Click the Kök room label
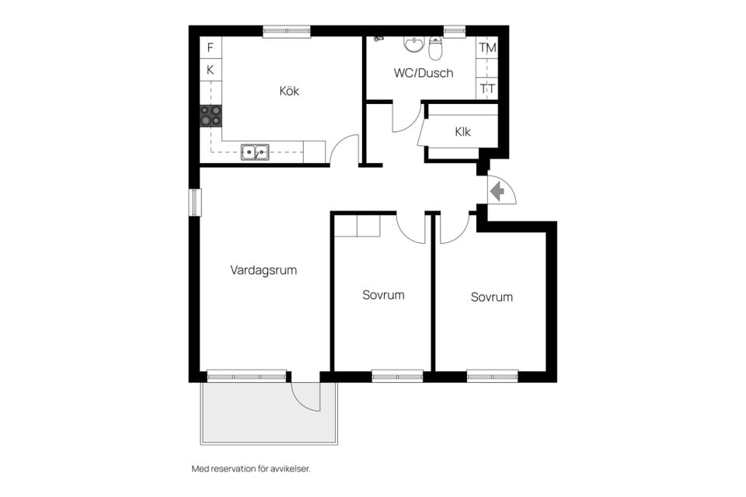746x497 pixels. click(289, 91)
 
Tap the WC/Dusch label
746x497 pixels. click(424, 73)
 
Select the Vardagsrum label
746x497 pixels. click(263, 270)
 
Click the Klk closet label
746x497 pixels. click(463, 132)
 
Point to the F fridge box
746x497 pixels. click(210, 47)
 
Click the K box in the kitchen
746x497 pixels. click(210, 70)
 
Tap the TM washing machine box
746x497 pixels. click(487, 47)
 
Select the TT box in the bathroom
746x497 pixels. click(487, 89)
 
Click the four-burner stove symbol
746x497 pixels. click(211, 116)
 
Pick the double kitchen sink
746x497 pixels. click(254, 152)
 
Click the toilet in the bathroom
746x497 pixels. click(435, 50)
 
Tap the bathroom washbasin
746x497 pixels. click(414, 44)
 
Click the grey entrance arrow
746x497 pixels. click(497, 190)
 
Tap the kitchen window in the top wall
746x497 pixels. click(287, 31)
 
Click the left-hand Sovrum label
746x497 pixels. click(383, 295)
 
